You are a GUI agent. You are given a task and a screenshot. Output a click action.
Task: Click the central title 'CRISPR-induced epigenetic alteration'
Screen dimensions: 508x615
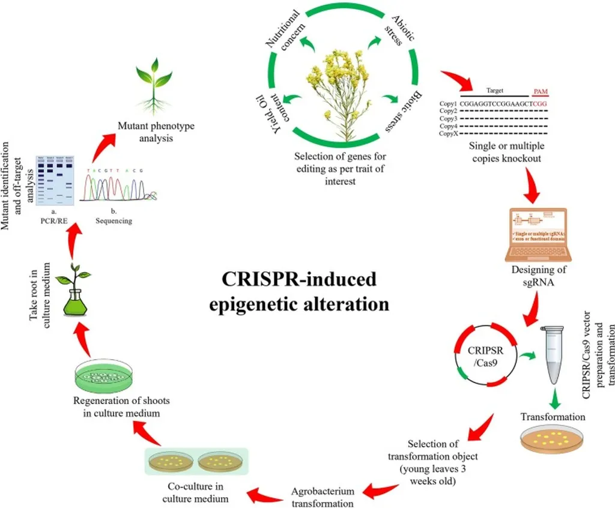click(299, 291)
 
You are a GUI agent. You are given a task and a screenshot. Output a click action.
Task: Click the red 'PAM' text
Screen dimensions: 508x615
click(540, 91)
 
